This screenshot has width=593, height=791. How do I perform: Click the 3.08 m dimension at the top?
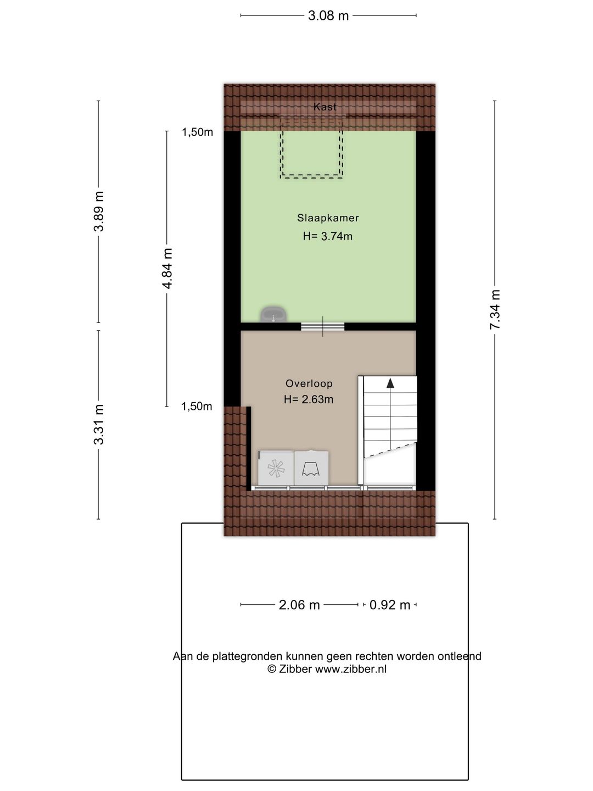(328, 15)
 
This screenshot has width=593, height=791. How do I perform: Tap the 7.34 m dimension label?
(495, 309)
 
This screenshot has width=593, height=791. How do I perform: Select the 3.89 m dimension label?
(99, 211)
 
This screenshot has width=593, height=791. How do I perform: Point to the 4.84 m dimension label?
(167, 268)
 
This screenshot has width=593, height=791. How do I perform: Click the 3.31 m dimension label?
(99, 424)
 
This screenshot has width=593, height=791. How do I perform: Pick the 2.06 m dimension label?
(299, 605)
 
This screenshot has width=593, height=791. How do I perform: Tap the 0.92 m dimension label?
(390, 605)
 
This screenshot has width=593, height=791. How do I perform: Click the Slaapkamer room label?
(328, 218)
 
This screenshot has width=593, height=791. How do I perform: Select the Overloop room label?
(309, 384)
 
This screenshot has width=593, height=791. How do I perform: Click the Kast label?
(325, 107)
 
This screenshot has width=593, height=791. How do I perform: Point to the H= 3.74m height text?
(328, 236)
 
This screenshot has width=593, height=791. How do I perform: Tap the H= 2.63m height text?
(309, 399)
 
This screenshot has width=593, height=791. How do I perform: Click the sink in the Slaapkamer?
(273, 315)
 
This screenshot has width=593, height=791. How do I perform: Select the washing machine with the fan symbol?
(276, 468)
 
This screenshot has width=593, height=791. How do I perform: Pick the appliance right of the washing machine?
(311, 468)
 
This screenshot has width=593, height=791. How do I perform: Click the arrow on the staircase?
(390, 383)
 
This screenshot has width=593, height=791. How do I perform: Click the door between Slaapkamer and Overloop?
(322, 326)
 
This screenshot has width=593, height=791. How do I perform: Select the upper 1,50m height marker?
(198, 132)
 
